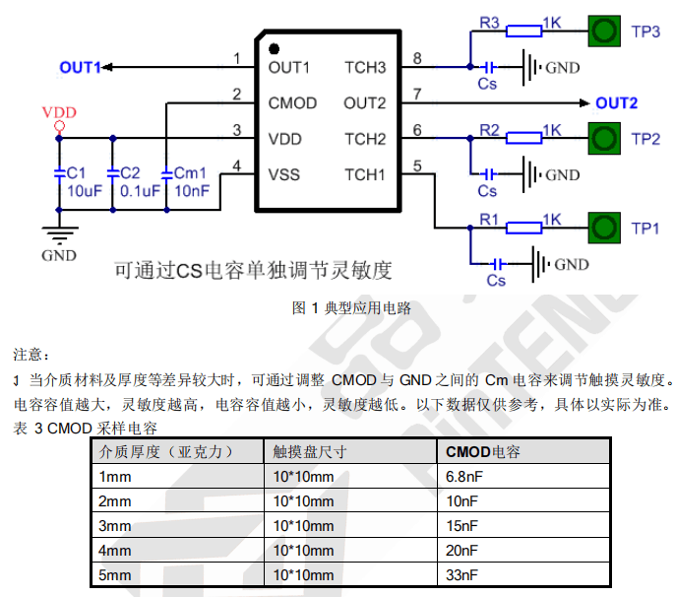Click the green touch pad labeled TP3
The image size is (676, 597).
click(x=604, y=32)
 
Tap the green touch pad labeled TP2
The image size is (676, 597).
click(x=604, y=139)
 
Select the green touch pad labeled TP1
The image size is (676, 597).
click(x=604, y=228)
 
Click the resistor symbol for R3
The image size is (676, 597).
click(x=523, y=32)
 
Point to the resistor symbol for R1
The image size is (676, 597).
click(x=523, y=228)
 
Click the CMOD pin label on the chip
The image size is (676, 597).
click(x=292, y=103)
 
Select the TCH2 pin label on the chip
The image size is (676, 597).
click(x=365, y=139)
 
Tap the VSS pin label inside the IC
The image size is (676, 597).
click(x=283, y=174)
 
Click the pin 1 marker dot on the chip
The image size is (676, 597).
click(x=274, y=49)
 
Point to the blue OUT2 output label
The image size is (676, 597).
click(x=617, y=103)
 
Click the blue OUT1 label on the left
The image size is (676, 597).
click(x=80, y=67)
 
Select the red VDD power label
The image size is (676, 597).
click(x=59, y=112)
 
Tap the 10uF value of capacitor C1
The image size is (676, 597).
click(x=85, y=191)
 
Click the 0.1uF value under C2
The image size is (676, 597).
click(x=140, y=191)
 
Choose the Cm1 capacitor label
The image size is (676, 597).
click(x=190, y=173)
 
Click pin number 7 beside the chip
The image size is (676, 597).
click(x=417, y=95)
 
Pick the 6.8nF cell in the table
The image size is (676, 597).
click(x=464, y=477)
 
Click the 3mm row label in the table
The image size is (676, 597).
click(x=115, y=526)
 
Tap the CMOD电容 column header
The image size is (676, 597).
click(x=483, y=452)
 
